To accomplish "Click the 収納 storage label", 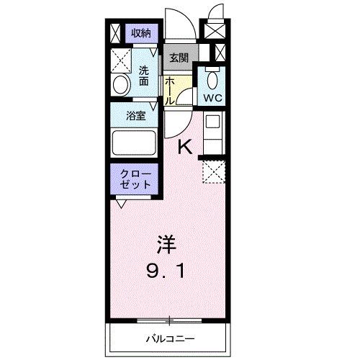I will [140, 32].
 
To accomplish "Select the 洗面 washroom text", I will [143, 75].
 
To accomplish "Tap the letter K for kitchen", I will [184, 146].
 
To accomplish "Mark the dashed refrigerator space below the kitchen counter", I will [214, 172].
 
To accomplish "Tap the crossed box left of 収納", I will [117, 32].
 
